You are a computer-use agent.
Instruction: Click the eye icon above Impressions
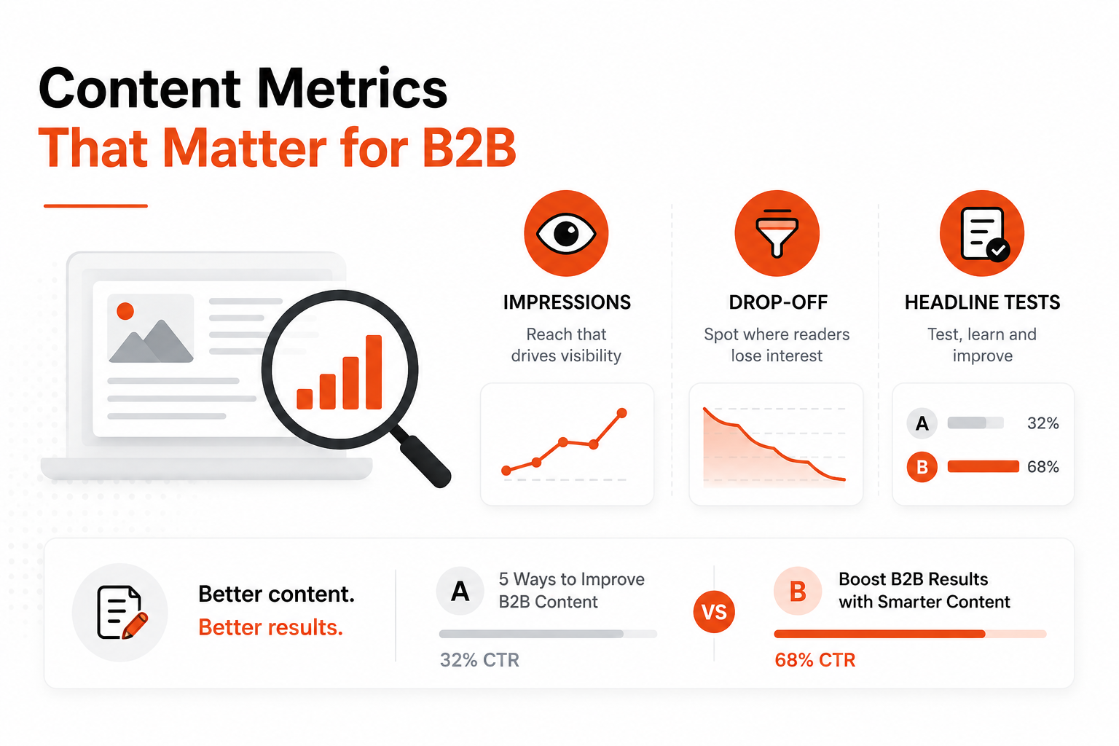click(x=566, y=233)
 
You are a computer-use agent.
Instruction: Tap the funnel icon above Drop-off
click(x=777, y=233)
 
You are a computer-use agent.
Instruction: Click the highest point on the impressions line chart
click(x=622, y=413)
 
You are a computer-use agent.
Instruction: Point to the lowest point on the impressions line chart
click(x=506, y=470)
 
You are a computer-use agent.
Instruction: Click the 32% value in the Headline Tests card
click(x=1043, y=423)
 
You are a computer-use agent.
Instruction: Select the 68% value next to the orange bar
click(x=1043, y=467)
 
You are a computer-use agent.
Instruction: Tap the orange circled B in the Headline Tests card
click(x=922, y=467)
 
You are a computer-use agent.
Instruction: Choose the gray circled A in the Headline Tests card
click(x=922, y=423)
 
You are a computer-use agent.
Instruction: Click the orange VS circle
click(x=714, y=612)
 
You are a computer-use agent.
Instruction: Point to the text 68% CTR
click(x=814, y=660)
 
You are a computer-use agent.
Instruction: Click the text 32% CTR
click(x=479, y=660)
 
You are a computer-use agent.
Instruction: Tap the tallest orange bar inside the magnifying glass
click(x=374, y=372)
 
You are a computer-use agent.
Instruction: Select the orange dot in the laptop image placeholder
click(x=125, y=311)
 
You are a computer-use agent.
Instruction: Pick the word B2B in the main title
click(x=468, y=148)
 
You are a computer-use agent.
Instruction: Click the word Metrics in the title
click(x=352, y=88)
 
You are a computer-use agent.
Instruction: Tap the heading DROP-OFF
click(x=778, y=302)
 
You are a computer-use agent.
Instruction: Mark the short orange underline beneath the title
click(x=95, y=205)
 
